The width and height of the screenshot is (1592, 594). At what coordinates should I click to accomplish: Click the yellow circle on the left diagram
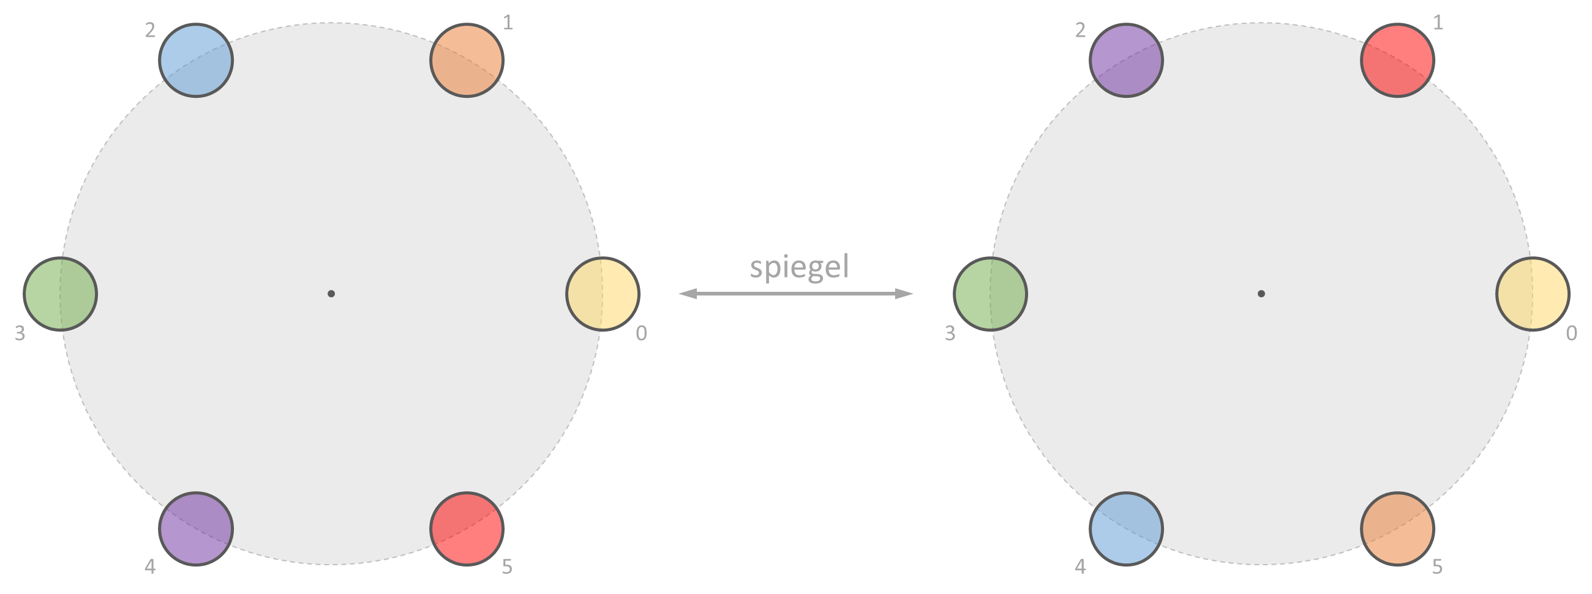point(603,294)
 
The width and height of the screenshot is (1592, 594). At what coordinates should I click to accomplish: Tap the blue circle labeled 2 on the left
point(196,61)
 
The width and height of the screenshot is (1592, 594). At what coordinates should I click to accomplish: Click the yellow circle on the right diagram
point(1533,294)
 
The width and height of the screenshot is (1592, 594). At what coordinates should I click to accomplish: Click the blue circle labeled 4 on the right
point(1126,529)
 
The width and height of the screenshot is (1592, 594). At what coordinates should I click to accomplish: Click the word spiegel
point(799,267)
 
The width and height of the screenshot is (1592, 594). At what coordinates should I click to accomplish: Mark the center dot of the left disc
point(331,294)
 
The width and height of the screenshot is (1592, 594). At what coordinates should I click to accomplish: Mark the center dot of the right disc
point(1261,294)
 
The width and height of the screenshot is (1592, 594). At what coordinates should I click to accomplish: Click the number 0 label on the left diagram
point(642,333)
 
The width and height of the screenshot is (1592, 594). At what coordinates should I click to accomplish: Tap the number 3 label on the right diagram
point(950,333)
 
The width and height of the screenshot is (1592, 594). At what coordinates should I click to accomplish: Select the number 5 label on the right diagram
point(1438,567)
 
